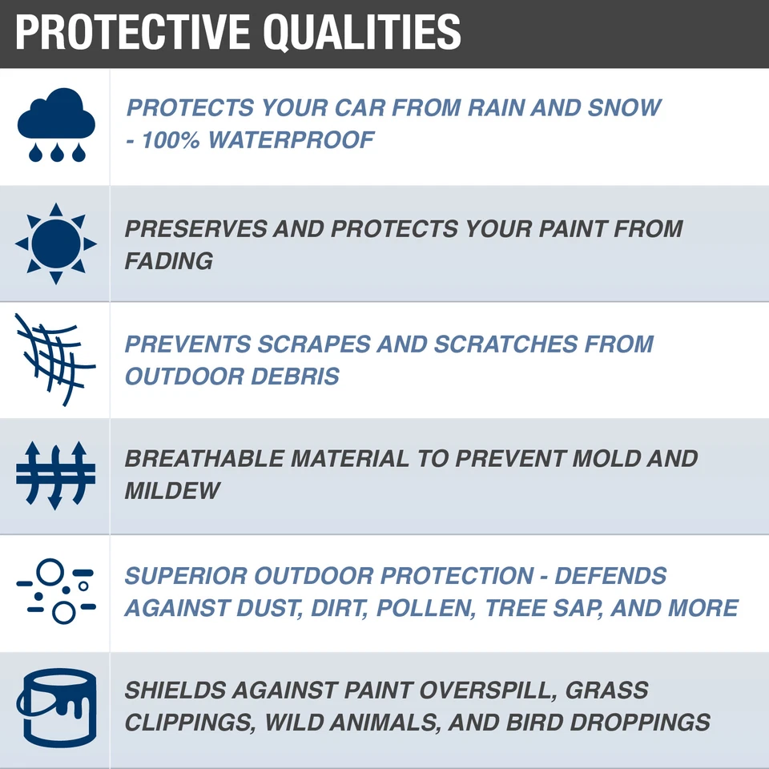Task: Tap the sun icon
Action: (x=55, y=244)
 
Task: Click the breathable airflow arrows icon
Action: (x=55, y=475)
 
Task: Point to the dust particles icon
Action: (x=55, y=591)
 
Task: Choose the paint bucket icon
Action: (x=55, y=707)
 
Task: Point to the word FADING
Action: (x=169, y=260)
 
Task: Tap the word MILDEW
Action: (x=172, y=490)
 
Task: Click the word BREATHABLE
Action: (x=204, y=459)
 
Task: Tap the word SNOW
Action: (x=624, y=108)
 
